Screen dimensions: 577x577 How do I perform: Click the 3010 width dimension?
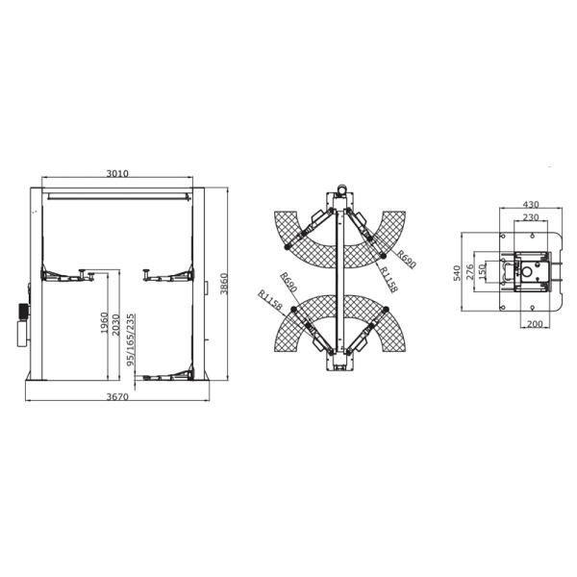[117, 173]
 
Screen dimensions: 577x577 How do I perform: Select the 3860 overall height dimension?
[224, 284]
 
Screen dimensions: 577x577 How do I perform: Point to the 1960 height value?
[105, 323]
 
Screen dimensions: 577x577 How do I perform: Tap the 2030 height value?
[115, 324]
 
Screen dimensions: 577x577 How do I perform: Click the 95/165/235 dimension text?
[131, 340]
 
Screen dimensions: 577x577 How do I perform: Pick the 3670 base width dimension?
[117, 396]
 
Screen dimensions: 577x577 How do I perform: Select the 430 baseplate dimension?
[531, 204]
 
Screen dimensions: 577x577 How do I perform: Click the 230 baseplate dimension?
[531, 217]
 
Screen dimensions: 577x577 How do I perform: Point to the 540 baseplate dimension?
[457, 273]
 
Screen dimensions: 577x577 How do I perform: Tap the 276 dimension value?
[470, 271]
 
